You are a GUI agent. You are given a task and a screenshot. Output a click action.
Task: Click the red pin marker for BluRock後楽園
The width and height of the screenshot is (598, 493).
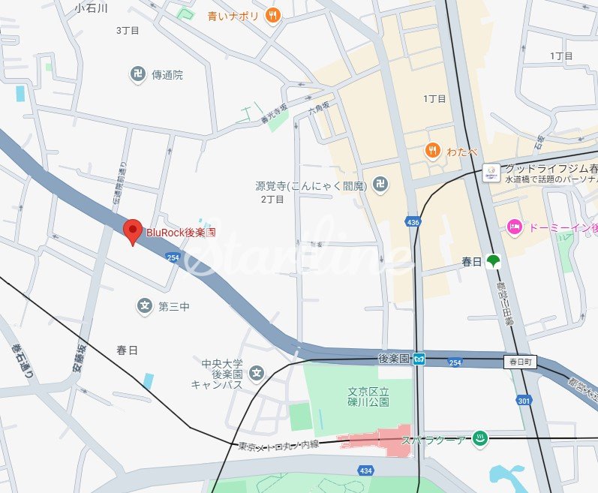133,231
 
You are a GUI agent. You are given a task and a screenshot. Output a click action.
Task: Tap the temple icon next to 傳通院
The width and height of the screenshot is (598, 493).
137,74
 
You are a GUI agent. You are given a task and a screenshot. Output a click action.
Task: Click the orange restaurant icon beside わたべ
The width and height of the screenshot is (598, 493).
432,150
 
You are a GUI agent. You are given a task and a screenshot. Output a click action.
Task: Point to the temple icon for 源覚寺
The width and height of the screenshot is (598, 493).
381,184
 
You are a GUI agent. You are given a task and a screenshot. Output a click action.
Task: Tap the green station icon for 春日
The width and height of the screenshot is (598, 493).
493,261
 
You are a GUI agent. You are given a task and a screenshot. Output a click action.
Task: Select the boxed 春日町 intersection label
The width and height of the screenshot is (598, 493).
521,362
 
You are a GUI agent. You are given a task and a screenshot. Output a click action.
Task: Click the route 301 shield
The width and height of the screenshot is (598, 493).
524,401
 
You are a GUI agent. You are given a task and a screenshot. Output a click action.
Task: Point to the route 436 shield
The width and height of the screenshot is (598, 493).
413,222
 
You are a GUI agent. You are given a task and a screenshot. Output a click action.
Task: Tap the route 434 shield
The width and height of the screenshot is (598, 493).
365,470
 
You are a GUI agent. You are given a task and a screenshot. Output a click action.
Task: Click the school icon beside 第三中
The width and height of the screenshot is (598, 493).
145,305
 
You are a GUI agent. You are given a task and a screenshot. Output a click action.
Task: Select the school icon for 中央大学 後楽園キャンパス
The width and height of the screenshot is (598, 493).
257,373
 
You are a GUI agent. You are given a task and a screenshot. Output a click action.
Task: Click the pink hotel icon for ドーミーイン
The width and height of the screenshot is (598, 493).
514,227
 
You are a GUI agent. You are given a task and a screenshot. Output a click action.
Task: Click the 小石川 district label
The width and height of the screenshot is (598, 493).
92,8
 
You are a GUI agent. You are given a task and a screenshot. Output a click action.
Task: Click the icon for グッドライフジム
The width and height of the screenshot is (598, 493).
491,173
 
